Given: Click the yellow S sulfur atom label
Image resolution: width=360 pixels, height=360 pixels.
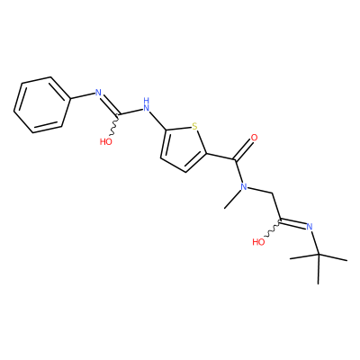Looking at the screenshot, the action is (x=195, y=127).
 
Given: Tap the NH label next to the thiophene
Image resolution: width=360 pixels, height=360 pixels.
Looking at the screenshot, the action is (x=146, y=103).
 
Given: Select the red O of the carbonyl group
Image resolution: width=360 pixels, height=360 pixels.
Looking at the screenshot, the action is (x=254, y=138).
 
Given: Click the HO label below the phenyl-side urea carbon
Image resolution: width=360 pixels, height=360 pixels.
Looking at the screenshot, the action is (x=106, y=141).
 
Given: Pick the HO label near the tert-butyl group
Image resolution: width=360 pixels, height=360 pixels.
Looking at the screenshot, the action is (x=258, y=242).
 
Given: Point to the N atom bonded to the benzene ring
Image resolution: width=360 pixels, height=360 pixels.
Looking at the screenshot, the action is (x=98, y=92).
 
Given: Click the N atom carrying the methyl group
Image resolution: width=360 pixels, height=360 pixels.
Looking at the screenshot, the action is (x=244, y=187).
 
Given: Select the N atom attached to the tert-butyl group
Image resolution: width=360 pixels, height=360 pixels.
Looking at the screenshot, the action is (x=310, y=227).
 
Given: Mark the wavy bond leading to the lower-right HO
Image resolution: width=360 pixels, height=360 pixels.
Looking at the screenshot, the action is (x=274, y=228).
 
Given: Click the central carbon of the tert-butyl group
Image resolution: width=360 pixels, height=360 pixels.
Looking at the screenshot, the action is (x=319, y=255).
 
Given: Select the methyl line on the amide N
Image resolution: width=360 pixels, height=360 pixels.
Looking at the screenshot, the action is (x=233, y=200).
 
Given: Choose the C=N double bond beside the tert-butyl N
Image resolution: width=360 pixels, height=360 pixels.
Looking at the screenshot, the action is (x=293, y=223).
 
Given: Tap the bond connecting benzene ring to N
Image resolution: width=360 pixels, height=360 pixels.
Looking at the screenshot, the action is (x=83, y=96).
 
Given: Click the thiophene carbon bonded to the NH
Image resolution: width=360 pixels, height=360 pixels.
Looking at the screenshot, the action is (x=166, y=130).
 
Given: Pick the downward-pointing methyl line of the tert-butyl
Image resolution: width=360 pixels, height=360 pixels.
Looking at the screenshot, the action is (x=319, y=269).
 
